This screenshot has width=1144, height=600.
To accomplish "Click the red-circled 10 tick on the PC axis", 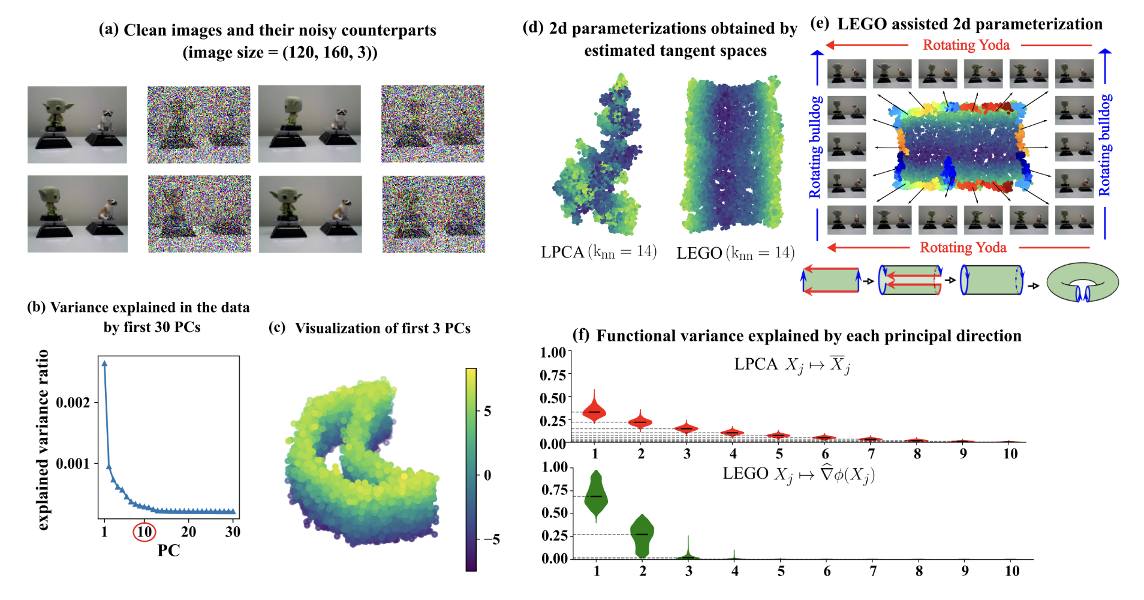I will tap(144, 532).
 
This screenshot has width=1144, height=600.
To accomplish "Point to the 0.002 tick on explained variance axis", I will tap(73, 403).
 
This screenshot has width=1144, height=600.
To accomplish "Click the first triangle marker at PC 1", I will tap(104, 364).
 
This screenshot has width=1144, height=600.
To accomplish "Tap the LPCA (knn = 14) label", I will tap(598, 252).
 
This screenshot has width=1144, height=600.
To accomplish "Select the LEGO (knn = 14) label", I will tap(736, 253).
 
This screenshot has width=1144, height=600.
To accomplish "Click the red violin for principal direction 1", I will tap(594, 410).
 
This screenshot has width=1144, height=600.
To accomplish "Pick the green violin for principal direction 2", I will tap(642, 534).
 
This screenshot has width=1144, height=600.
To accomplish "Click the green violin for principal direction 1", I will tap(596, 495).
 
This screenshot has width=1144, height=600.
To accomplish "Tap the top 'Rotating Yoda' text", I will tap(966, 45).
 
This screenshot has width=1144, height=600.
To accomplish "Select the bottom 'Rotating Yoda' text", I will tap(963, 248).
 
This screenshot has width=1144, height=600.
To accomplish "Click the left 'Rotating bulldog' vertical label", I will tap(815, 147).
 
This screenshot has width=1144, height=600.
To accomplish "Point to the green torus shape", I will tap(1082, 281).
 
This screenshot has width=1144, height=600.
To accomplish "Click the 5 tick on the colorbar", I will tap(487, 411).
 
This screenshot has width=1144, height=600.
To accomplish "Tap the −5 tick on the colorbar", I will tap(491, 539).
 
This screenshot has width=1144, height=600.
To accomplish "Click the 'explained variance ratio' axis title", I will tap(43, 440).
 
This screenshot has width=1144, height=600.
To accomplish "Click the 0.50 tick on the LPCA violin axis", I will tap(553, 398).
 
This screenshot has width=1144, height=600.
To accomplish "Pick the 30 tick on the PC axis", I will tap(233, 532).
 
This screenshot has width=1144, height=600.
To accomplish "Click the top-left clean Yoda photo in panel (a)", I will tap(77, 125).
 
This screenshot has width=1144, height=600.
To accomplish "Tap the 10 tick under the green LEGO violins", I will tap(1012, 571).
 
